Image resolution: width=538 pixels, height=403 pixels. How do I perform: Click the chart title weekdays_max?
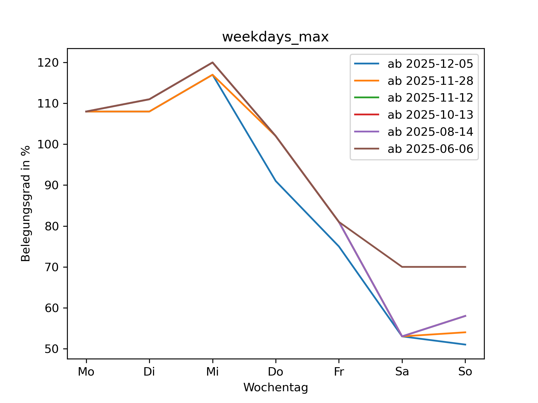click(275, 37)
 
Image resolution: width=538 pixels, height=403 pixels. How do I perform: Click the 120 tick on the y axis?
click(48, 63)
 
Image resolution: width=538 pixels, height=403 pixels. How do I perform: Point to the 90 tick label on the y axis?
click(52, 185)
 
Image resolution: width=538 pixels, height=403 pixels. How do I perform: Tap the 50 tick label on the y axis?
click(52, 349)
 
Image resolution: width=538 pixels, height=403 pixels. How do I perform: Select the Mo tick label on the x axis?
click(86, 372)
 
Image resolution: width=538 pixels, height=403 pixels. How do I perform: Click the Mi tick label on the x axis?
click(212, 372)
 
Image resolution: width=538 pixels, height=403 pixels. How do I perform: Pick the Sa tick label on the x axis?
click(402, 372)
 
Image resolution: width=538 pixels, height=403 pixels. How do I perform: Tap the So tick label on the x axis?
click(465, 372)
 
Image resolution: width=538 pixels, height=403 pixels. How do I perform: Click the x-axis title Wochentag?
click(275, 388)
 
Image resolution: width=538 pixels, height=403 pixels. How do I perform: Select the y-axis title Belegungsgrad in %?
click(26, 203)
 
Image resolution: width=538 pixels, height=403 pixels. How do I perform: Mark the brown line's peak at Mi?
click(212, 62)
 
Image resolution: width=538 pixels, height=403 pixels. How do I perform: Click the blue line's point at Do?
click(276, 181)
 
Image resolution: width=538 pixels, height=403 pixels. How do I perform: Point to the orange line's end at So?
click(465, 332)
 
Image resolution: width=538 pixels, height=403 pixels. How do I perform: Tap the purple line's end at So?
click(465, 316)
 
